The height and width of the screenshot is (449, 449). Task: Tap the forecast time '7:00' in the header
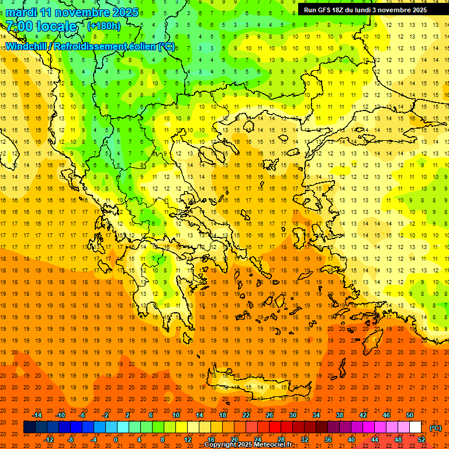(x=19, y=26)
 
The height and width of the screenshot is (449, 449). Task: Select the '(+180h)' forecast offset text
(x=104, y=26)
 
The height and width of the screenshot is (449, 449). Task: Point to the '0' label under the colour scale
(x=116, y=440)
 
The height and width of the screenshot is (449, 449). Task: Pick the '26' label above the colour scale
(x=270, y=415)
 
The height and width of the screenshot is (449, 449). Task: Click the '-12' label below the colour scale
(x=49, y=440)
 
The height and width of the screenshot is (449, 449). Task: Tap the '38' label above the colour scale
(x=339, y=415)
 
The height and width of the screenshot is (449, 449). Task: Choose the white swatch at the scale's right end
(x=415, y=427)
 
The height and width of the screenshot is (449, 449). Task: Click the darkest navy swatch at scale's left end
(x=29, y=427)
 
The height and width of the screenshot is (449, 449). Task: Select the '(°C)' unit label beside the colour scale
(x=436, y=427)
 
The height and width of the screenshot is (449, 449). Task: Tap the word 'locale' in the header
(x=57, y=26)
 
